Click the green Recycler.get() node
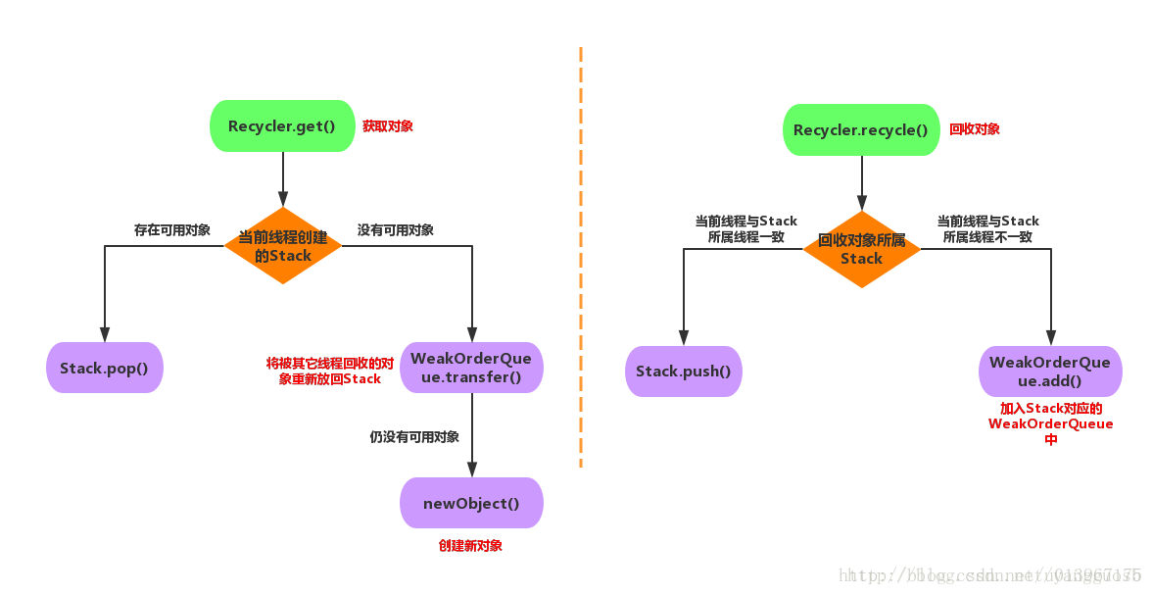pos(282,126)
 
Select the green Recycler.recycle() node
pos(861,130)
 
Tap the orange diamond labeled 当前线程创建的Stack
pos(283,246)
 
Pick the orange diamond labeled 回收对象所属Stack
pos(862,249)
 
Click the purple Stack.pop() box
pos(104,369)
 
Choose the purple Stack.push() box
pos(684,372)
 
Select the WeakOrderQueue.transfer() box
pos(471,368)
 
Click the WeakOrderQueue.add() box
pos(1050,372)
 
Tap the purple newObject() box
pos(471,503)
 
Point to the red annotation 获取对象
pos(388,126)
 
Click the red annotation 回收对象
pos(975,129)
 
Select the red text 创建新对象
pos(470,546)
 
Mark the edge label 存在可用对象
pos(172,230)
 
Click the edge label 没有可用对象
pos(396,230)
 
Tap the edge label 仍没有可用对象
pos(414,437)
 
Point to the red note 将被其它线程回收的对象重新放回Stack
pos(330,371)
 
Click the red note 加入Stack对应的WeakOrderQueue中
pos(1051,423)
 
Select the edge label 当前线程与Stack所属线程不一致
pos(987,228)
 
